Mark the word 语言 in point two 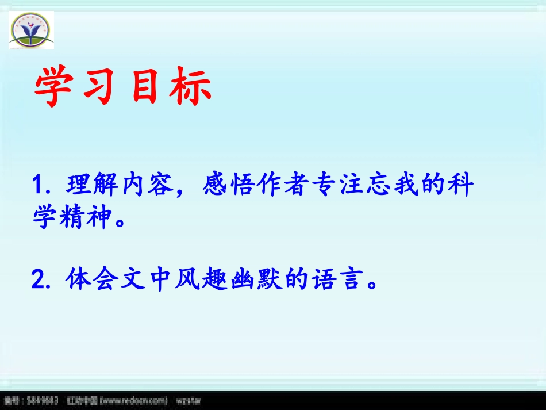click(331, 280)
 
